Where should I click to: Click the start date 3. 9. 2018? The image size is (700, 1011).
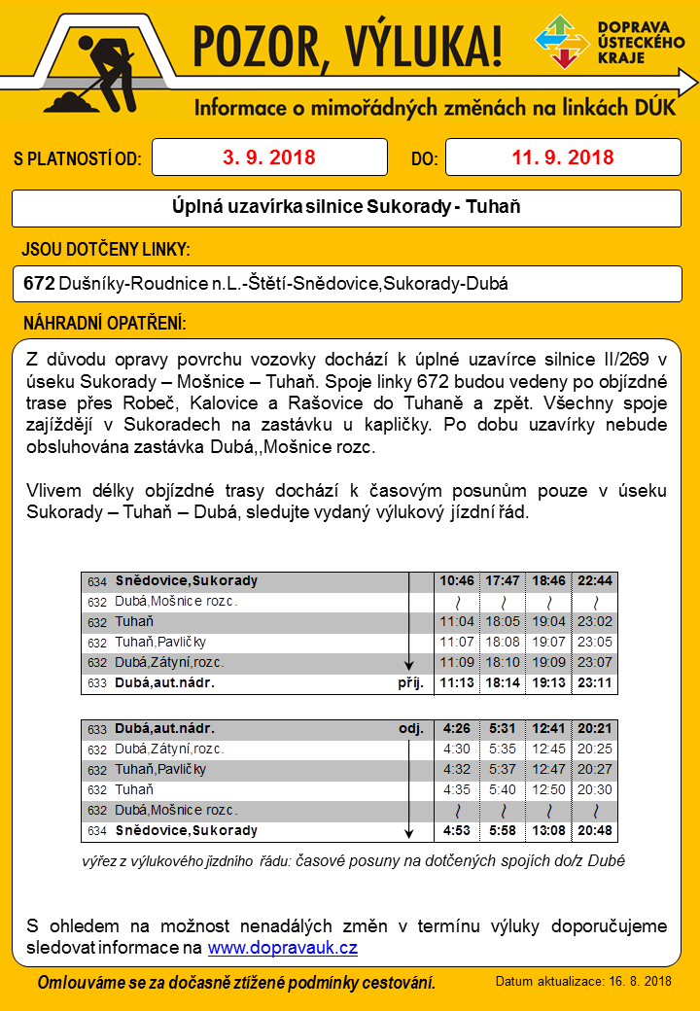[269, 157]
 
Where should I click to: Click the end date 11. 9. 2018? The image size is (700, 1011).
[563, 157]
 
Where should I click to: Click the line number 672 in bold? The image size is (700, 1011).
[39, 285]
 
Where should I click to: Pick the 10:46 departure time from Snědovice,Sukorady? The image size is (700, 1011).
[457, 581]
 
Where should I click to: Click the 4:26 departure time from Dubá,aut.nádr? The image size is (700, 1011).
[457, 729]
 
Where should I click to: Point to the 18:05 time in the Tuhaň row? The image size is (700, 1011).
[502, 622]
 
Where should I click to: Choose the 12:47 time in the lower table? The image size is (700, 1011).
[548, 770]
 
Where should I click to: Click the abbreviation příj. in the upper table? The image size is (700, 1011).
[411, 683]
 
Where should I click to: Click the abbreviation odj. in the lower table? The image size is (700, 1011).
[411, 729]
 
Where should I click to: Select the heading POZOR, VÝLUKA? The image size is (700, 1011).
[347, 44]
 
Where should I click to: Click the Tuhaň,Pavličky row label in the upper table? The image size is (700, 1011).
[160, 643]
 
